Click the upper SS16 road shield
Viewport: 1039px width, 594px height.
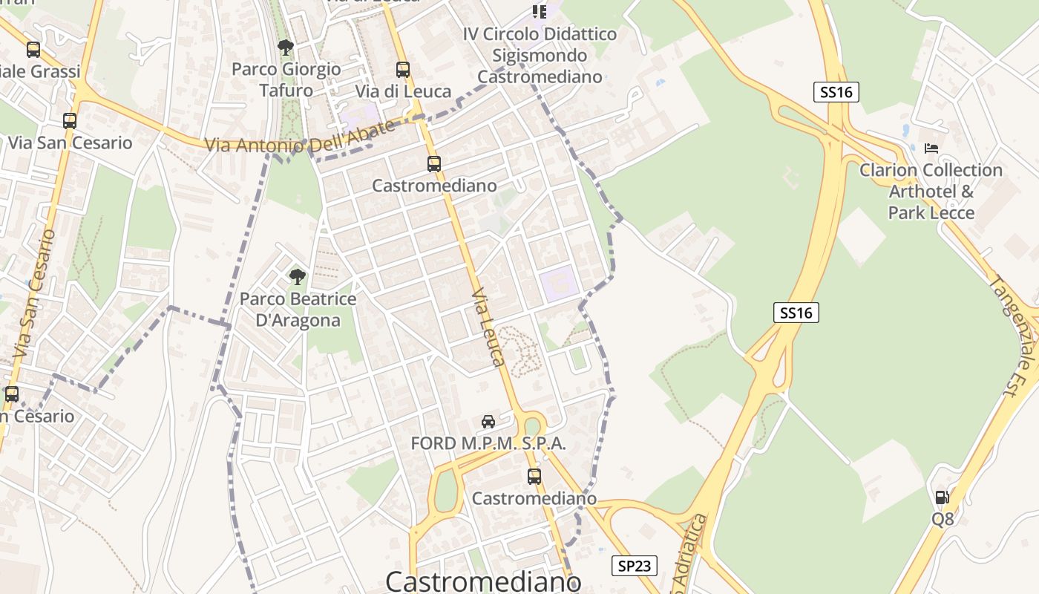point(836,92)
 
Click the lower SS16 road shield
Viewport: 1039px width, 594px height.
point(796,313)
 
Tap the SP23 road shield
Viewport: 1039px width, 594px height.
point(635,566)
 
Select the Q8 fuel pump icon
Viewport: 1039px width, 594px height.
point(942,497)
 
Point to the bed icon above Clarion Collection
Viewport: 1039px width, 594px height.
point(931,148)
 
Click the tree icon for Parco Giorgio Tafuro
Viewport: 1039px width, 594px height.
point(285,48)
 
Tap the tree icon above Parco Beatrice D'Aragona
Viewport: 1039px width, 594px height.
point(297,277)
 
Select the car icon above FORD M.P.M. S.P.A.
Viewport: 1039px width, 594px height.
point(488,422)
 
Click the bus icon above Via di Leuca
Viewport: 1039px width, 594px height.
point(403,70)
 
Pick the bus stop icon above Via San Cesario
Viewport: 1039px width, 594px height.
point(70,120)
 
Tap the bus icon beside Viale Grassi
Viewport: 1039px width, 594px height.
point(33,50)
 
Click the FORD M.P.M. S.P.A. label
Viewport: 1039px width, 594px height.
point(488,444)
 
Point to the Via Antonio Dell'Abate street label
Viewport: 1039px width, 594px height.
point(300,137)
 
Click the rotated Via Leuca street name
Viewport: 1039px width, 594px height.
point(489,327)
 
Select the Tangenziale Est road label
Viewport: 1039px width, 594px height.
point(1014,333)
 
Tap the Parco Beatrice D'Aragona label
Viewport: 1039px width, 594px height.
point(298,310)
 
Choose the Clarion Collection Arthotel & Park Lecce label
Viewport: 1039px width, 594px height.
point(931,192)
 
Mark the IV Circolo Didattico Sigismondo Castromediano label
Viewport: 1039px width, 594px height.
point(540,56)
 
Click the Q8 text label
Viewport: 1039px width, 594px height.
point(943,519)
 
